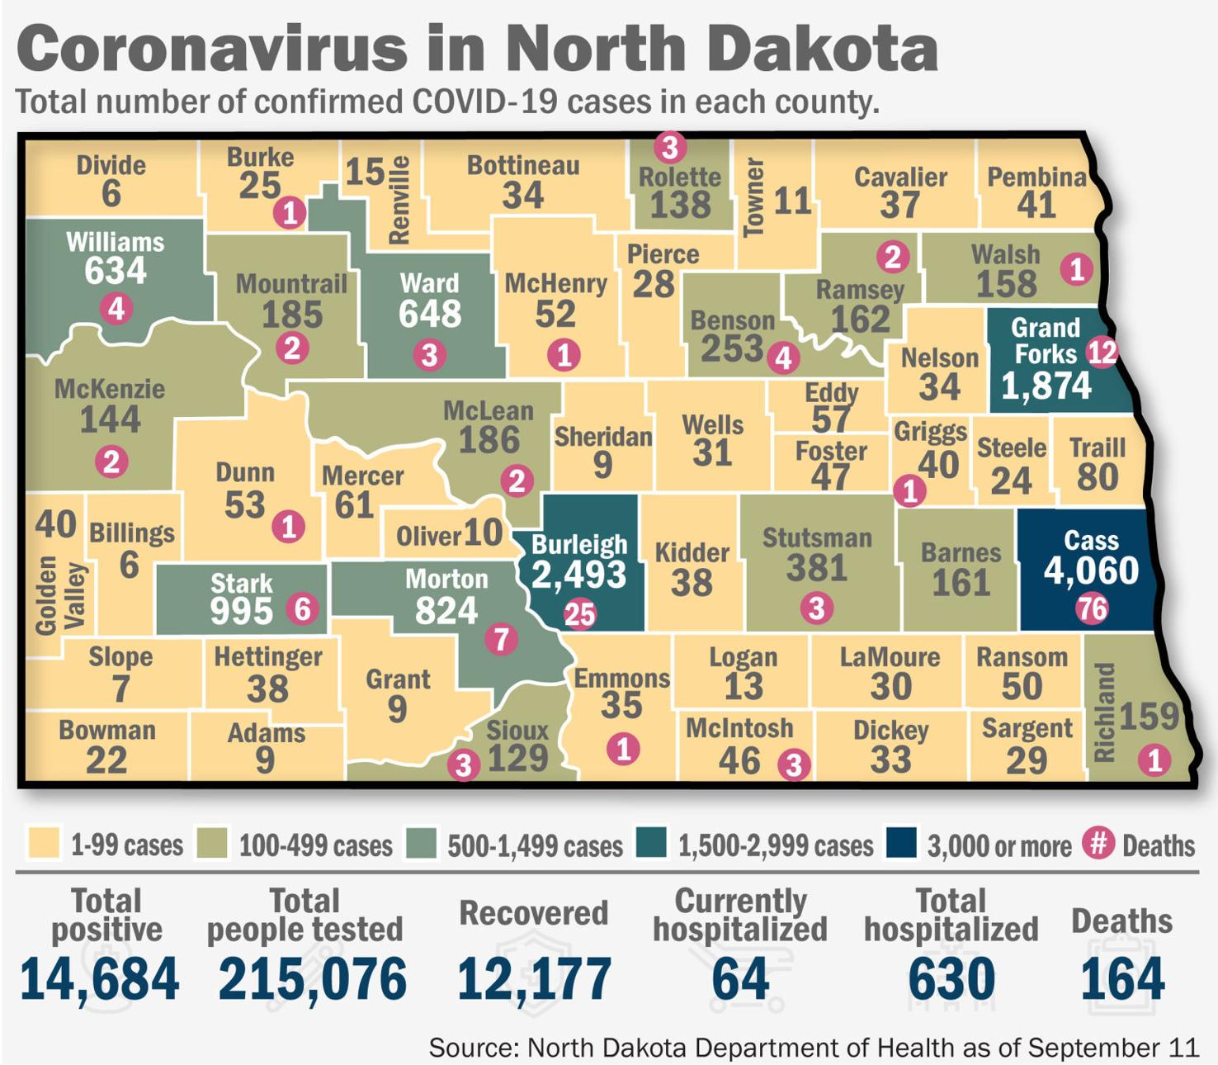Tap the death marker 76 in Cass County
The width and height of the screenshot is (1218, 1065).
[x=1092, y=609]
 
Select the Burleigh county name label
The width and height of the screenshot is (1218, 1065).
[x=579, y=544]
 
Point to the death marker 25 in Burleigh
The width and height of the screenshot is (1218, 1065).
[x=579, y=613]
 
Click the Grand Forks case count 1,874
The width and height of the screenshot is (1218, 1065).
[x=1046, y=386]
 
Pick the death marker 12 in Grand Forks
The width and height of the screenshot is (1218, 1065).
[x=1102, y=353]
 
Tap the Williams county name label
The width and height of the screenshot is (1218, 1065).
[x=115, y=242]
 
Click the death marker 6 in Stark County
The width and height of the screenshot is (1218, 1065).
[x=302, y=609]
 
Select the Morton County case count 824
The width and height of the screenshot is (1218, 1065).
[x=446, y=611]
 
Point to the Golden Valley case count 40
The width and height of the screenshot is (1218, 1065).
[x=56, y=523]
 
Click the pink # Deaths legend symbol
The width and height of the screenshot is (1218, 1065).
[x=1098, y=843]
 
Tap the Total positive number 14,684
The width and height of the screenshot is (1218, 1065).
[x=99, y=978]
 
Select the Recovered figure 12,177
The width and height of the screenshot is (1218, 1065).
[x=534, y=978]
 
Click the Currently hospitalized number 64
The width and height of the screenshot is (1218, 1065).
[x=740, y=978]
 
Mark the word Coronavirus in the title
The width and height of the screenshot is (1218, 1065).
[x=210, y=49]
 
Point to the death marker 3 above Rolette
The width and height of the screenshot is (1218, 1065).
[x=670, y=148]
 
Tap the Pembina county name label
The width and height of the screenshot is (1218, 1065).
[x=1036, y=177]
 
